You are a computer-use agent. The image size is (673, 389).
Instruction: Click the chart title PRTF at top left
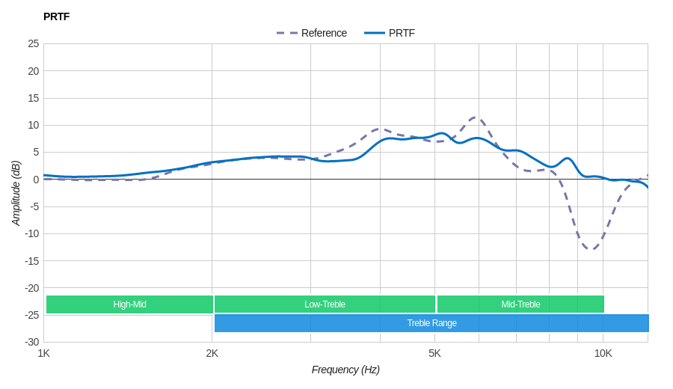click(56, 16)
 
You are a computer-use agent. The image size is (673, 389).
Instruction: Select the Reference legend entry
click(323, 33)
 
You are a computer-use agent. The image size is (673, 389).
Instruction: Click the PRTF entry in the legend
click(402, 33)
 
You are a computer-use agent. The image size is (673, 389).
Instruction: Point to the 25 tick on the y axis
click(34, 43)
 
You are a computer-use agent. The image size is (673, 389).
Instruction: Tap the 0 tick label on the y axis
click(36, 180)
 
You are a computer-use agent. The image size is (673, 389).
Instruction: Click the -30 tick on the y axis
click(31, 342)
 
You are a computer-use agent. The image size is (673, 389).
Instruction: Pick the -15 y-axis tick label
click(31, 260)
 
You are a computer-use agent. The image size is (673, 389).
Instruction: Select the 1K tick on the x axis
click(44, 353)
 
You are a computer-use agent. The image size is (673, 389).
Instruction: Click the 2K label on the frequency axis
click(212, 353)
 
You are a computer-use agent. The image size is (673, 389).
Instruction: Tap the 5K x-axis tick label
click(434, 353)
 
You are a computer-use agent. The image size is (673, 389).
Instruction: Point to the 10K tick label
click(603, 353)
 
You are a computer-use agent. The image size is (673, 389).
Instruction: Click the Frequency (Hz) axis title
click(345, 370)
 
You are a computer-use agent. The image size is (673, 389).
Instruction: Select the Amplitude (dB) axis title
click(16, 193)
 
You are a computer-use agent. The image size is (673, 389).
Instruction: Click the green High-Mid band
click(129, 304)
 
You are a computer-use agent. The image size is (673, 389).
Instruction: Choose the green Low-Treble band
click(325, 304)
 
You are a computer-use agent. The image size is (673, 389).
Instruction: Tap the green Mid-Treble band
click(520, 304)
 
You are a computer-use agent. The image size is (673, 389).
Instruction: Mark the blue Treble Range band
click(431, 323)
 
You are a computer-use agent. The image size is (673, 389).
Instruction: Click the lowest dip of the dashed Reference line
click(591, 248)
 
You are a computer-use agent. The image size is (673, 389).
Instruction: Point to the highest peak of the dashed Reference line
click(476, 117)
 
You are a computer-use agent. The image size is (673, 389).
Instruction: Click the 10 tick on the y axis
click(34, 125)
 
